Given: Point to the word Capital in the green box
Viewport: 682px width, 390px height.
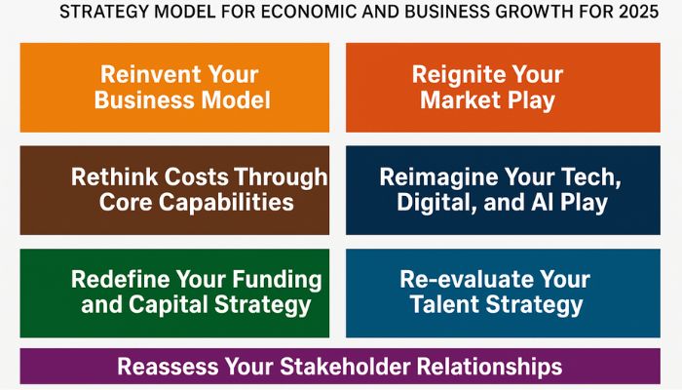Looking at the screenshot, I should click(172, 304).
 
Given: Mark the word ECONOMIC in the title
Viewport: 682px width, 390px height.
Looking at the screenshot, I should click(311, 13).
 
